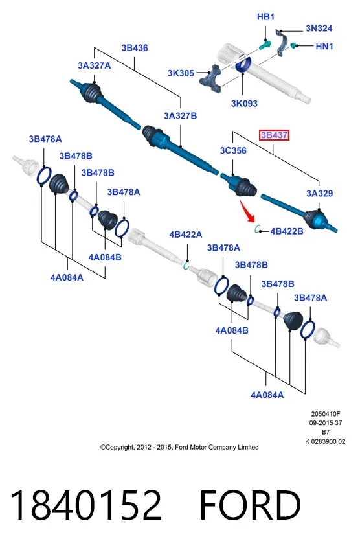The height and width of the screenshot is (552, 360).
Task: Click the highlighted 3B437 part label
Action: click(274, 135)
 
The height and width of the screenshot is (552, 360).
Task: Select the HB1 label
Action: click(265, 17)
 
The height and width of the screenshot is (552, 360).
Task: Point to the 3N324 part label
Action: click(319, 28)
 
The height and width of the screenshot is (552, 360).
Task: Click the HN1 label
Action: click(324, 46)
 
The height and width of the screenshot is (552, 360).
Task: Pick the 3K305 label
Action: click(181, 73)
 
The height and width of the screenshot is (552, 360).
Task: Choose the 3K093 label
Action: click(244, 104)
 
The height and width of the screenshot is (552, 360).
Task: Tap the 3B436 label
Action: click(135, 48)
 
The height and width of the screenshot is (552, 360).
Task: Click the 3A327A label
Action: click(95, 65)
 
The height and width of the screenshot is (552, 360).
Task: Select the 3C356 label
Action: click(233, 151)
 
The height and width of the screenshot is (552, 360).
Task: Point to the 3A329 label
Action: click(319, 193)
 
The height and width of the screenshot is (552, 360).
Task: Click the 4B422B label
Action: click(287, 231)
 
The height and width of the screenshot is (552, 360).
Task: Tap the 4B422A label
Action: click(186, 235)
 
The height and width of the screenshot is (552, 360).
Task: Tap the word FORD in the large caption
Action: click(250, 505)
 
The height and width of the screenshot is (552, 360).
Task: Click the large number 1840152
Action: click(86, 505)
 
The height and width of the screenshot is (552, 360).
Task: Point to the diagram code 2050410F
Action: click(326, 414)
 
